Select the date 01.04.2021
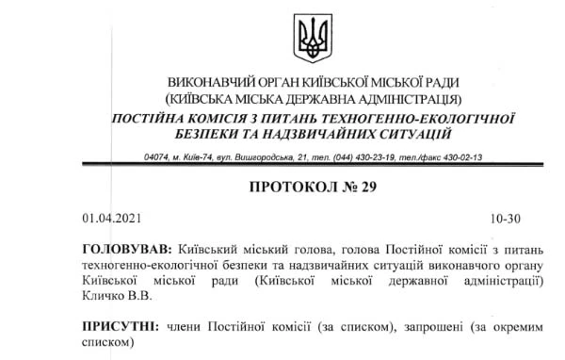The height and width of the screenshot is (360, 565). coord(111,219)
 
